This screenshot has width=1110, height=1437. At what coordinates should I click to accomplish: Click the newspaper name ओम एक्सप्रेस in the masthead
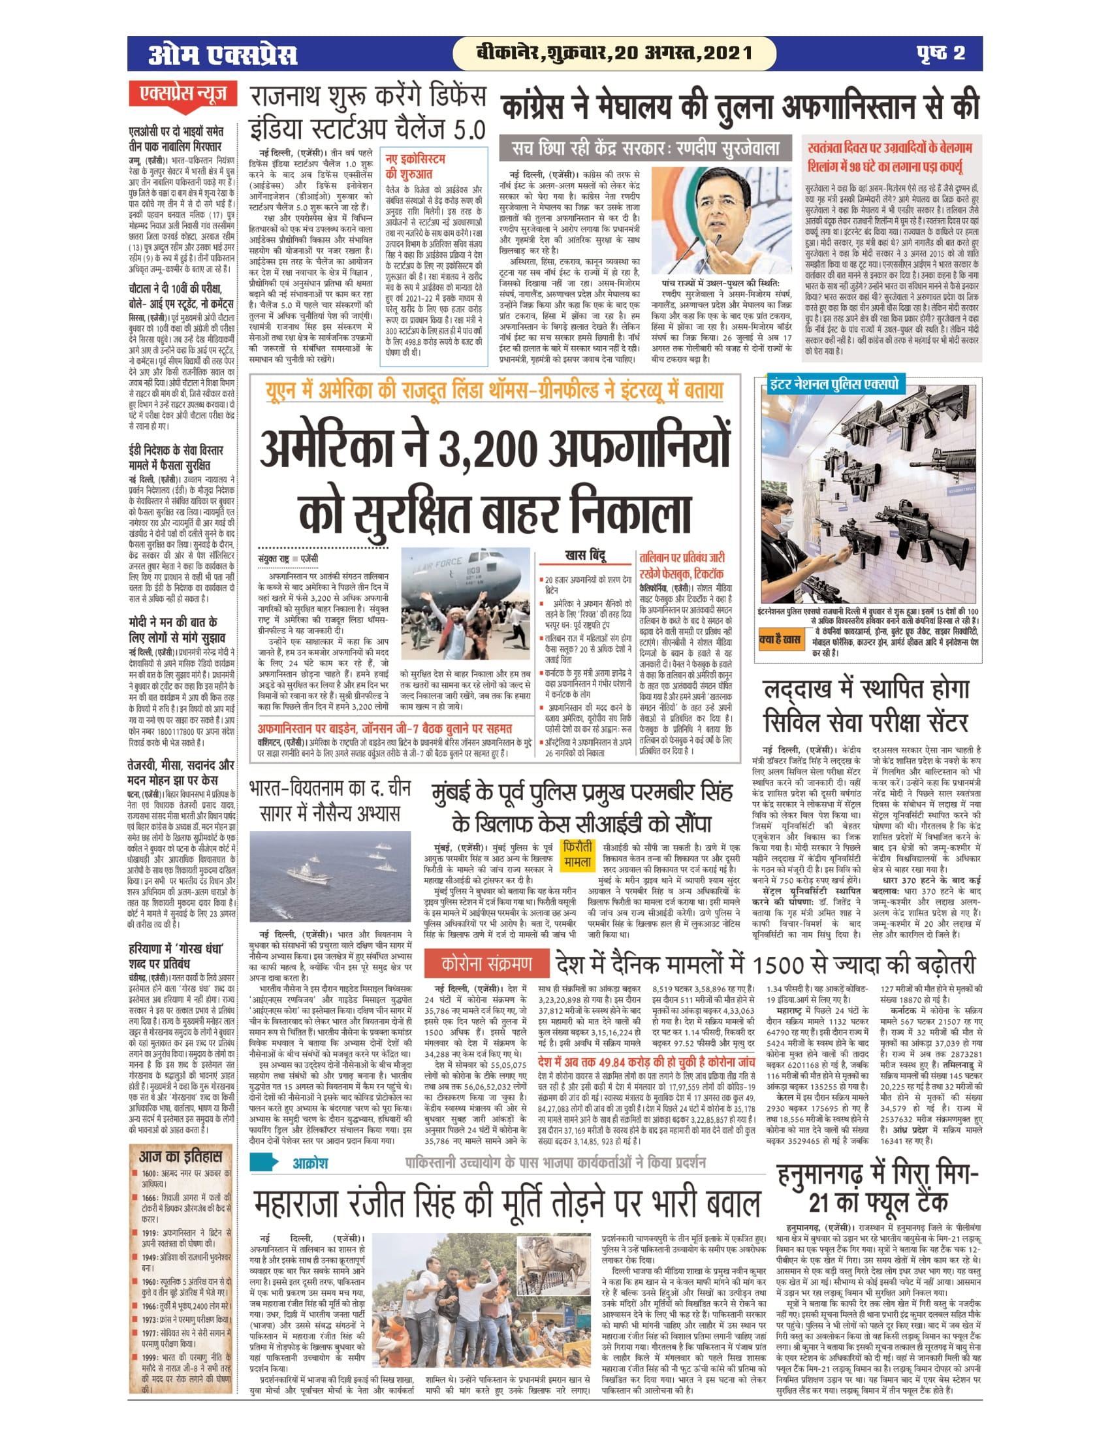[222, 54]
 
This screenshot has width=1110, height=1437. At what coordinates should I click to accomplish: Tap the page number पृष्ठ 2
[941, 54]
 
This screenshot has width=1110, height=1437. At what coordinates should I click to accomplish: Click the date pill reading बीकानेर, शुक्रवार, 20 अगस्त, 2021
[614, 54]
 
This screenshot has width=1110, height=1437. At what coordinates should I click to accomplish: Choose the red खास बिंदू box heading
[585, 555]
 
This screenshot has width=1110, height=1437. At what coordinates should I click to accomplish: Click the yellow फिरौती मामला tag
[577, 854]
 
